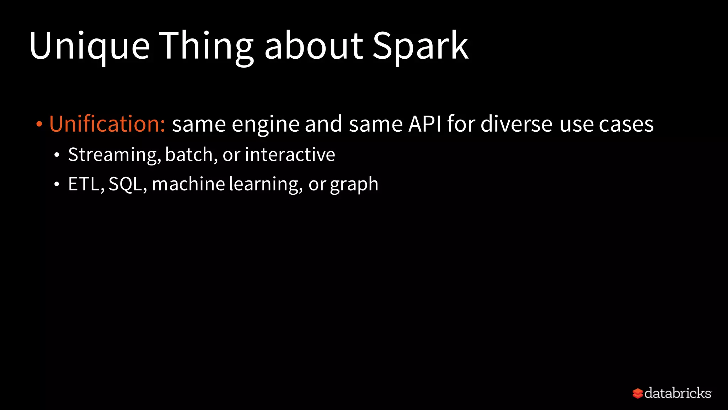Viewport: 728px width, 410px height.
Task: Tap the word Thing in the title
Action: point(206,46)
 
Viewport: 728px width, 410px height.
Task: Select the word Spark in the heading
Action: point(421,46)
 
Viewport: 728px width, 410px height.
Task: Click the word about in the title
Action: point(314,46)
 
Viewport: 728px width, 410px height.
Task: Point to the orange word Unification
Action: point(107,124)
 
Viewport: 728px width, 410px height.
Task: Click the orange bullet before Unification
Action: point(39,125)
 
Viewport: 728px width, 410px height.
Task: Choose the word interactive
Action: point(290,154)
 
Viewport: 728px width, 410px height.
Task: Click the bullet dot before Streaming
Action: point(57,155)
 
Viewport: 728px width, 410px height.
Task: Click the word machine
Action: point(188,184)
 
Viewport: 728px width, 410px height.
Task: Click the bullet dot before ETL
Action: point(57,184)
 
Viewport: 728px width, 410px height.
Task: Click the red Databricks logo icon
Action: point(637,393)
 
